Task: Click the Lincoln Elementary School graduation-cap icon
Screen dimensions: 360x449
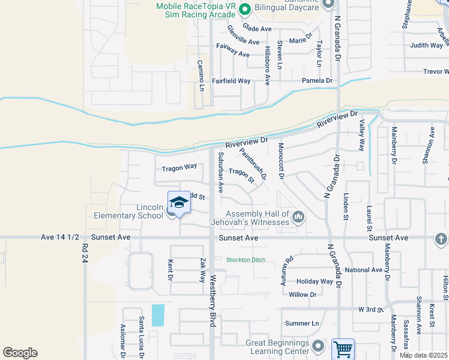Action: click(179, 203)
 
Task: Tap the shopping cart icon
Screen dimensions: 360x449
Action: click(342, 348)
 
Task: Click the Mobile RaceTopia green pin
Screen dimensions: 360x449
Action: click(244, 9)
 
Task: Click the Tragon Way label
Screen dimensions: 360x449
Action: click(179, 167)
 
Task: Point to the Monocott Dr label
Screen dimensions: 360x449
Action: click(280, 160)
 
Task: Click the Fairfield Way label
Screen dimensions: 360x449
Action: click(231, 80)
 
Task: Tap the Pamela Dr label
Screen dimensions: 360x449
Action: click(317, 80)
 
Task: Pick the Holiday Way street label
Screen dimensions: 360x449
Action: click(315, 281)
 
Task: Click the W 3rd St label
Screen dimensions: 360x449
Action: click(371, 309)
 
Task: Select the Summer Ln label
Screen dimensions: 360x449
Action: click(302, 323)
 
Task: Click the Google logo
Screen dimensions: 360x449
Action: click(20, 353)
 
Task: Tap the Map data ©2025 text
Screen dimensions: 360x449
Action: click(423, 355)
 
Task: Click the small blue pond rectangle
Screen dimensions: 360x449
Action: click(158, 316)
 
